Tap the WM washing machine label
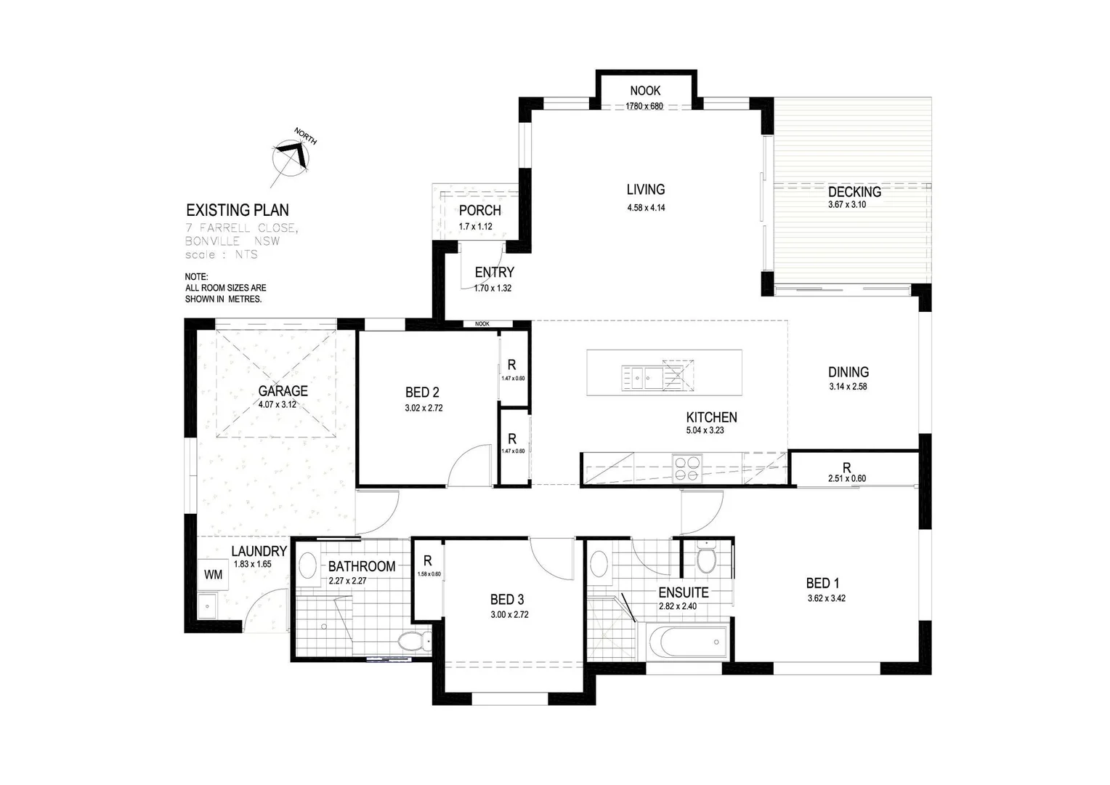(x=213, y=574)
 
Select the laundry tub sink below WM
(x=208, y=604)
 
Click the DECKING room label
(x=854, y=192)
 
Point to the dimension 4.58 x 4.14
(x=646, y=208)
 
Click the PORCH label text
(x=479, y=211)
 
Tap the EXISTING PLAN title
(x=238, y=211)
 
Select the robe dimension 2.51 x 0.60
(x=846, y=478)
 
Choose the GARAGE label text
(x=283, y=391)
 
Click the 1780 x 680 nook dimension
(x=644, y=106)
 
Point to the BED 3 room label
(x=507, y=600)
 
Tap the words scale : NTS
(x=222, y=255)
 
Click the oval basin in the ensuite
(x=599, y=563)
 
